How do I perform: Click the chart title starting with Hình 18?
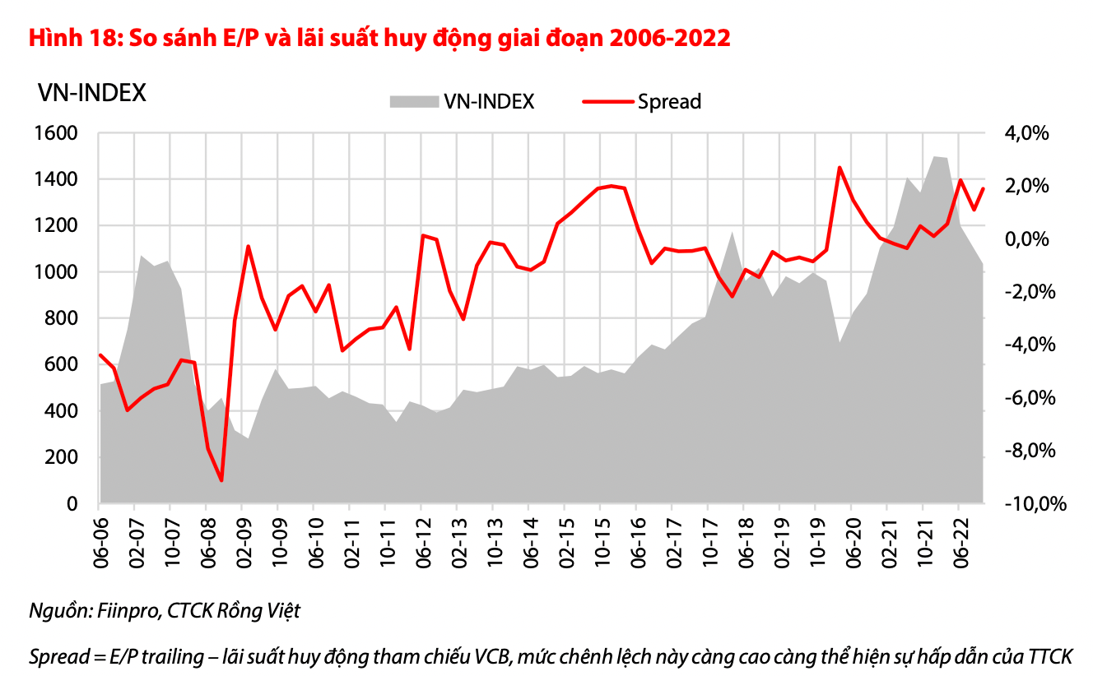(379, 38)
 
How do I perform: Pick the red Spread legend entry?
(642, 101)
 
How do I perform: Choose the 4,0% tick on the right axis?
(1024, 133)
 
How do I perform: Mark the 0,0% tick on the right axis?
(1024, 239)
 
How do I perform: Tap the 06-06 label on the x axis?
(100, 542)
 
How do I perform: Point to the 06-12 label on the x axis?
(421, 542)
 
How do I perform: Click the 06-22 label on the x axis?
(958, 542)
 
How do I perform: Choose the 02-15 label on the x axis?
(565, 542)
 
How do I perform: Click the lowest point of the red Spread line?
(221, 480)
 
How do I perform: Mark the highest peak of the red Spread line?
(840, 168)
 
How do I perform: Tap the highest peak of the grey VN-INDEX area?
(936, 156)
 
